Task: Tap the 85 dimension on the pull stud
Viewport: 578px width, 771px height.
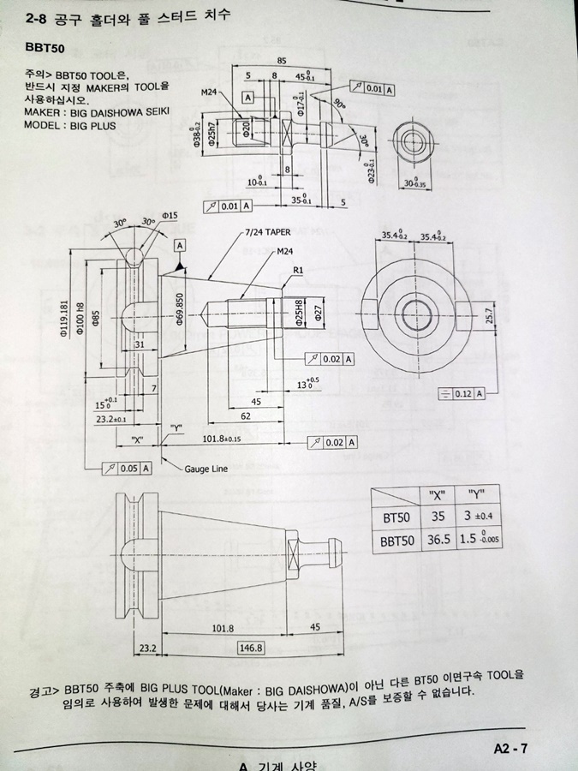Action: point(282,60)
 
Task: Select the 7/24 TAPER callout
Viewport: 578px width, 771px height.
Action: point(266,232)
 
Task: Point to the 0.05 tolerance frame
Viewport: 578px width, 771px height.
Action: point(128,468)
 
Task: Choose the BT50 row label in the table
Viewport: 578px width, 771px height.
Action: point(398,517)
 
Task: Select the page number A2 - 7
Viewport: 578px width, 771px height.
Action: point(510,748)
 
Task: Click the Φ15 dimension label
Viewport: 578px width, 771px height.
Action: point(169,215)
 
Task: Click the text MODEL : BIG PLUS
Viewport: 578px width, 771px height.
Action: point(70,125)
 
